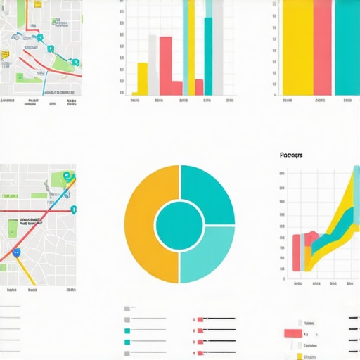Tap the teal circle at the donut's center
tap(179, 224)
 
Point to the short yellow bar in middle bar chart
tap(142, 79)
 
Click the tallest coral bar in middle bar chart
tap(166, 65)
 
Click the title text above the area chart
tap(290, 155)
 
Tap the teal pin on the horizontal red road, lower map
tap(74, 209)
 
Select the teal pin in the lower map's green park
tap(65, 176)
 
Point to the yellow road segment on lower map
tap(26, 270)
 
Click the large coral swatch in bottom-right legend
tap(292, 333)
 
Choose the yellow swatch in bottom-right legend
tap(304, 356)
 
